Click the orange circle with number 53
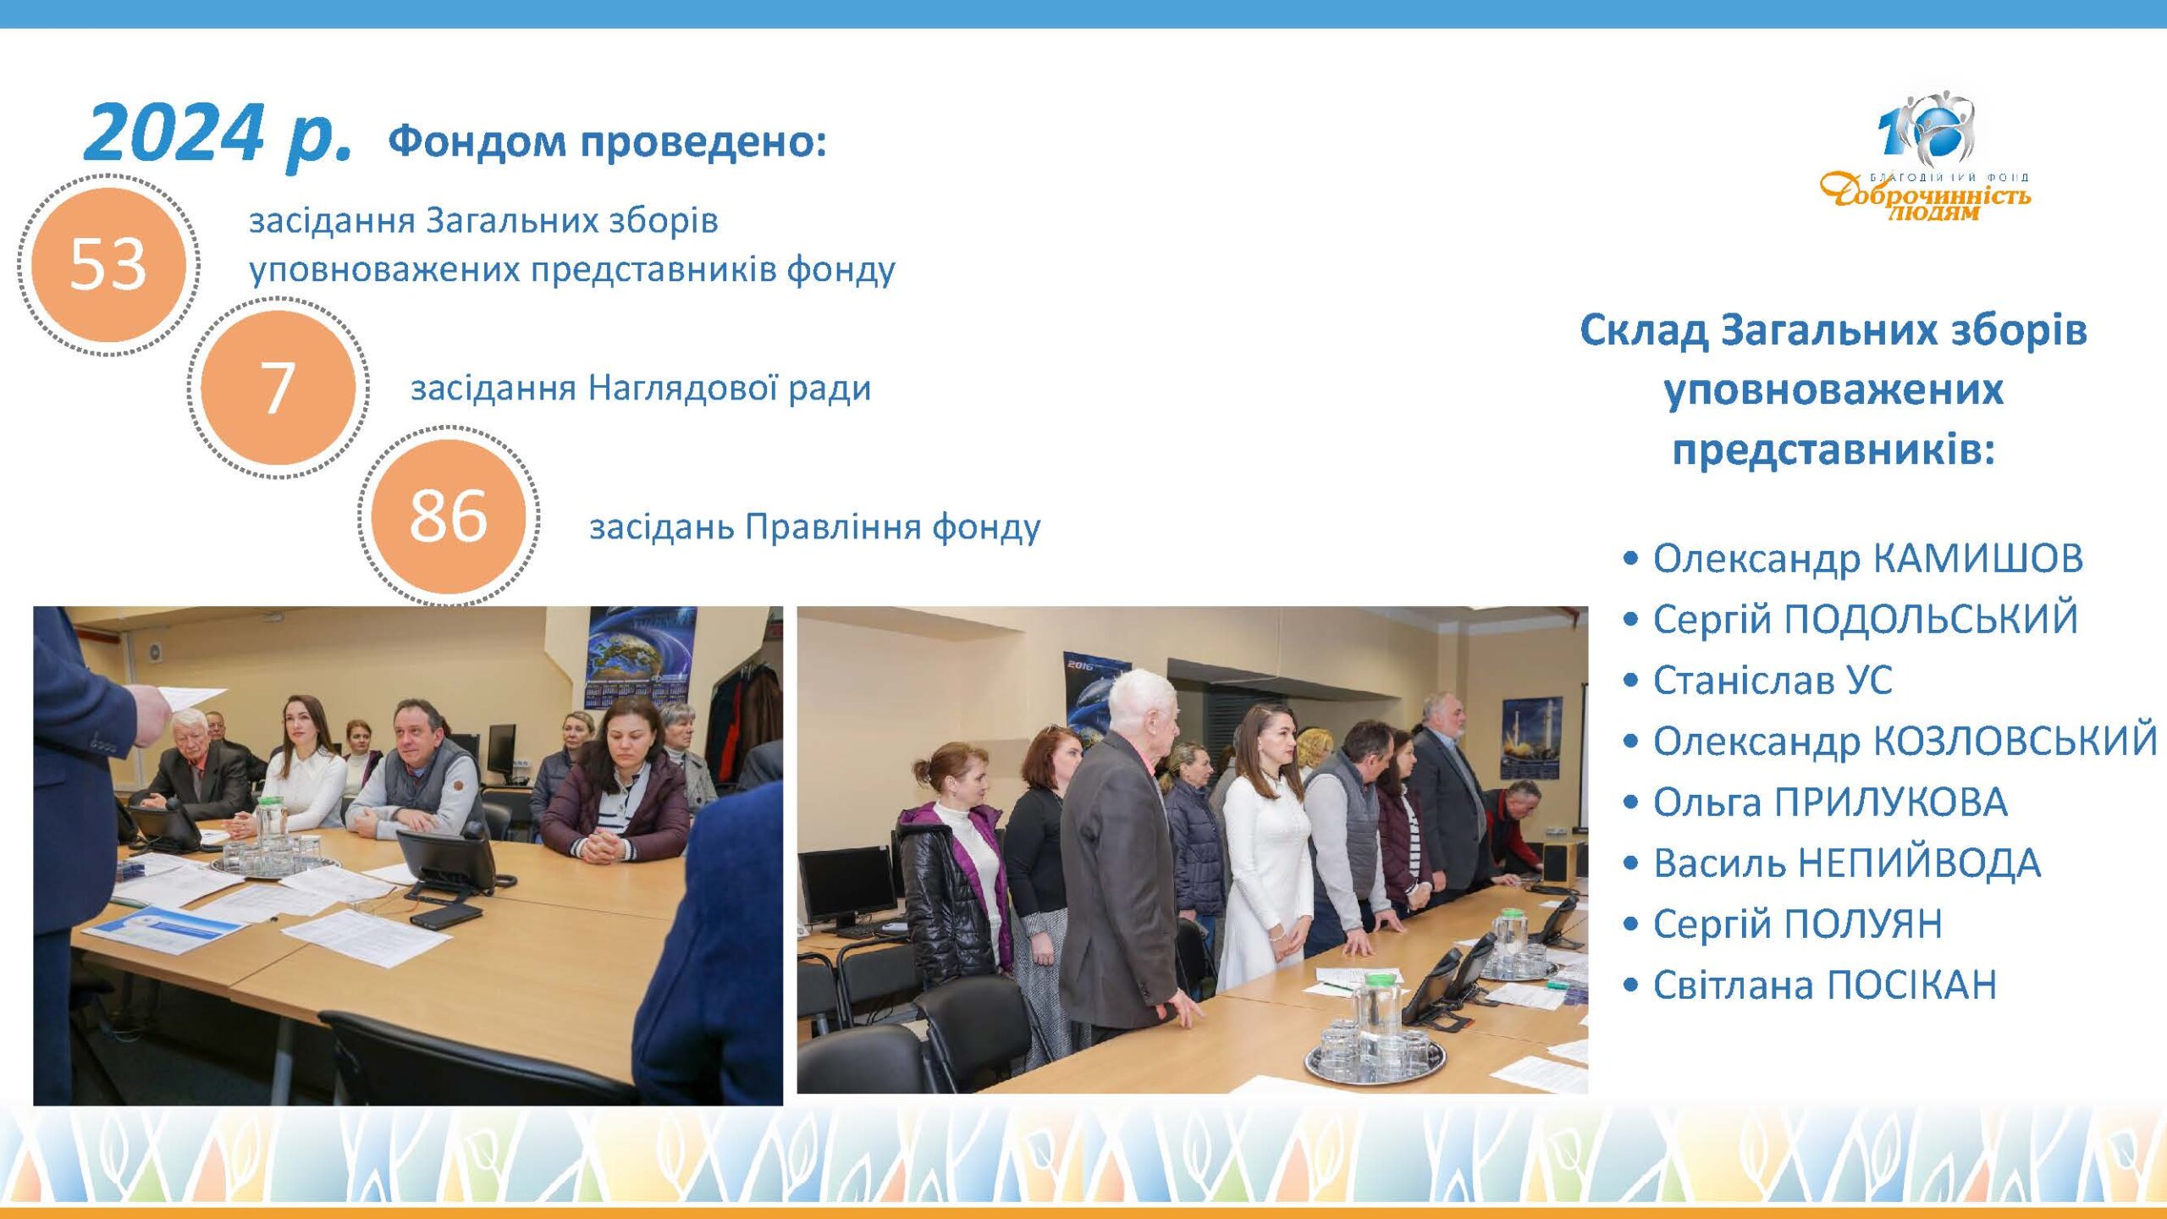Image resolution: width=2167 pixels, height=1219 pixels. [x=108, y=264]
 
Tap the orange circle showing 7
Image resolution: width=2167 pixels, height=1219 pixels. [x=278, y=388]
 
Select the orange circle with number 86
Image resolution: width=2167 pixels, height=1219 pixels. [x=449, y=516]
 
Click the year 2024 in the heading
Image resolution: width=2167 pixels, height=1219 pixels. [x=174, y=133]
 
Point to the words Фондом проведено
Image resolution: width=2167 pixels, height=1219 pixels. [x=607, y=141]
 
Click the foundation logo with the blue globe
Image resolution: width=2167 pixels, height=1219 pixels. [x=1925, y=157]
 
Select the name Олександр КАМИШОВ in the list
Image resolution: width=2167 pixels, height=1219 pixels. [x=1868, y=558]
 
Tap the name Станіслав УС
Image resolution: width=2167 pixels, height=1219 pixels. [x=1773, y=680]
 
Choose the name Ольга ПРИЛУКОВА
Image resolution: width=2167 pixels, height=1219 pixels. [x=1830, y=802]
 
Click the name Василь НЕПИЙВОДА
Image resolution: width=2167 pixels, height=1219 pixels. [x=1847, y=863]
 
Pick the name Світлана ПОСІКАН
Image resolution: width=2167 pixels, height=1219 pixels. [x=1825, y=985]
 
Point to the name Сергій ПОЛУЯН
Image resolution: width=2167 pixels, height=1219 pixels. [x=1797, y=924]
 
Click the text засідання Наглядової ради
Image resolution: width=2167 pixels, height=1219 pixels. [x=641, y=389]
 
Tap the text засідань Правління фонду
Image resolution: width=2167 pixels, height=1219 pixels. [x=815, y=527]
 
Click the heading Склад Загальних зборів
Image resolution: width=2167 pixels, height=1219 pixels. [x=1833, y=329]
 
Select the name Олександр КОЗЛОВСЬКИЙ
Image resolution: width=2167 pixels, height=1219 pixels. [x=1905, y=741]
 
